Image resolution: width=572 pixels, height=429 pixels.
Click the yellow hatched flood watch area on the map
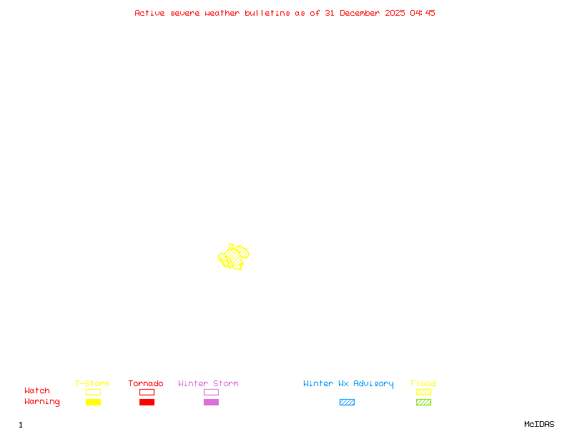233,256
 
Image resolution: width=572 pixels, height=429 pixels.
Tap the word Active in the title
149,13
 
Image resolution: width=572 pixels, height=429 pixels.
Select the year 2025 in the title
395,13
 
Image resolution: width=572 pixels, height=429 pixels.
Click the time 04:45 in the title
423,13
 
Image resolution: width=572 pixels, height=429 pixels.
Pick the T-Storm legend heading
92,384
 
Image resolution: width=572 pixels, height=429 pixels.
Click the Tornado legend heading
146,384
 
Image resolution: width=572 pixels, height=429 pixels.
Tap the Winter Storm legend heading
208,384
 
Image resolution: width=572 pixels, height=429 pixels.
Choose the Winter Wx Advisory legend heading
348,384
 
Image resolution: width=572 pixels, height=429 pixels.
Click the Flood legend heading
423,384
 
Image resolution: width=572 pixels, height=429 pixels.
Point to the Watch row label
37,391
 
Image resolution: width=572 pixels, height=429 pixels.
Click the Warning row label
42,402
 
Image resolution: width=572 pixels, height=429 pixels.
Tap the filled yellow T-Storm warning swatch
93,403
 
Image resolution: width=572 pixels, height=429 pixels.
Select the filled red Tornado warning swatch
147,403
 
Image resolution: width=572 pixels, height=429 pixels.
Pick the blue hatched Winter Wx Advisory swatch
347,403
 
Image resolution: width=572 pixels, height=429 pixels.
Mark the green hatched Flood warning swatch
423,403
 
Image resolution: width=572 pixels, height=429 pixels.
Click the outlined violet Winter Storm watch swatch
211,393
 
